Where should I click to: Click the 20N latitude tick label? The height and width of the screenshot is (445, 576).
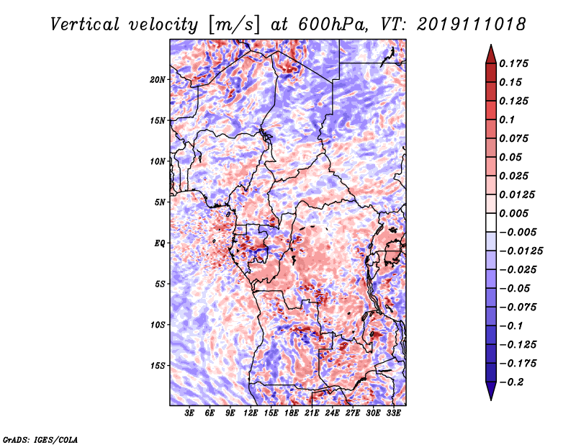(x=158, y=79)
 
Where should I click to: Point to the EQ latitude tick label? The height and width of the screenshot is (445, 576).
(x=159, y=243)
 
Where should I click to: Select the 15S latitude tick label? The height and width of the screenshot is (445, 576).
(x=158, y=366)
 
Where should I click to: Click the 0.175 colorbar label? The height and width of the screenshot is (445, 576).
(x=516, y=63)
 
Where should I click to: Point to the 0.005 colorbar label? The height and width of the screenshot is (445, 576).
(x=516, y=213)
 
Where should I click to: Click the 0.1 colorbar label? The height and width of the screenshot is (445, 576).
(x=508, y=120)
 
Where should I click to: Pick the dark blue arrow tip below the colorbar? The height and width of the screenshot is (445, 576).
(x=490, y=395)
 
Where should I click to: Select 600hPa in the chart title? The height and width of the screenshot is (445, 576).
(x=318, y=24)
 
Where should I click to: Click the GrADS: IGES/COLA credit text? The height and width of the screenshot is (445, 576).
(x=40, y=439)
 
